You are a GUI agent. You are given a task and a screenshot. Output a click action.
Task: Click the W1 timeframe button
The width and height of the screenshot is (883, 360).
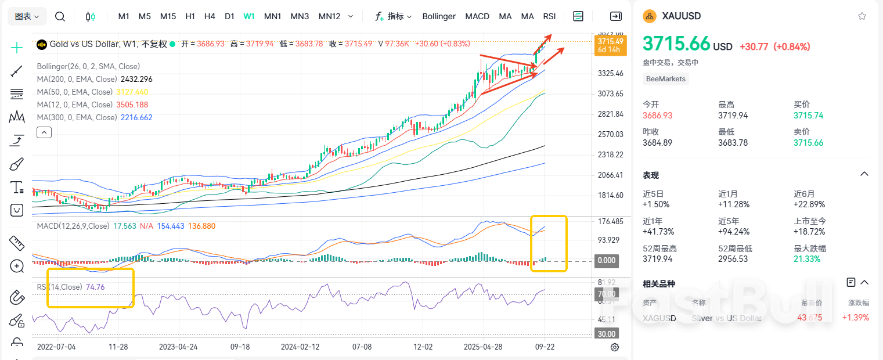249,16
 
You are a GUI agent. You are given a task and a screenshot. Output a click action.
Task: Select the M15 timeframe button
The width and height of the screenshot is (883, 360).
168,16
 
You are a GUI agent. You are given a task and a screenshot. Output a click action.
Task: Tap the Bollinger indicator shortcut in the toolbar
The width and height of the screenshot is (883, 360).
439,16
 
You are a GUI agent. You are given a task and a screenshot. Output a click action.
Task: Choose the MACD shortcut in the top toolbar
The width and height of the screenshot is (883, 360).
477,16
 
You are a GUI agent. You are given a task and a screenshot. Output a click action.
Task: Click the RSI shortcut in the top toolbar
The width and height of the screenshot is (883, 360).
549,16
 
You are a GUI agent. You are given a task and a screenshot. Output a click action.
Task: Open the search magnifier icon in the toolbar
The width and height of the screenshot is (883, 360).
60,16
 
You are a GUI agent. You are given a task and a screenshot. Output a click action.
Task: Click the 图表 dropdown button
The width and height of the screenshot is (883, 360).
27,16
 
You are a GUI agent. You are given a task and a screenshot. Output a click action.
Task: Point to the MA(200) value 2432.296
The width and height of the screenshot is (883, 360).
136,79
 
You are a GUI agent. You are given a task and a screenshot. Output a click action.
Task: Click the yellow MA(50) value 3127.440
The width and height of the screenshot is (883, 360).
132,92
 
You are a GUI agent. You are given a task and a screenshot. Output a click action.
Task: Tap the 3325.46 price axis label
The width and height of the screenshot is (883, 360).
610,73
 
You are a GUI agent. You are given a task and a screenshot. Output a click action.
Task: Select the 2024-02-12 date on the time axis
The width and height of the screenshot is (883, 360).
300,347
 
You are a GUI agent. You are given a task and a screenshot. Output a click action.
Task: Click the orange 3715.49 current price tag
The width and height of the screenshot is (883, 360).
610,42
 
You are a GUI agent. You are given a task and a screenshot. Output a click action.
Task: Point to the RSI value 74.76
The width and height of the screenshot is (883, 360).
95,287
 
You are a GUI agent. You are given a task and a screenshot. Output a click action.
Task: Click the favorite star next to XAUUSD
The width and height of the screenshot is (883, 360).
862,16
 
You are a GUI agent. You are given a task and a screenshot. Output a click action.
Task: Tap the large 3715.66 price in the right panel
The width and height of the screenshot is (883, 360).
677,44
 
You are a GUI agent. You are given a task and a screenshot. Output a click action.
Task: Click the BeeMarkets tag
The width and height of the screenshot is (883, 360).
665,79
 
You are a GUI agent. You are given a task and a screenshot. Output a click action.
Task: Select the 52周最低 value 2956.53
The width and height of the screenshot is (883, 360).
735,259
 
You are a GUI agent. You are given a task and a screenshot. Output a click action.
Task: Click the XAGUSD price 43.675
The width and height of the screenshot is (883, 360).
810,318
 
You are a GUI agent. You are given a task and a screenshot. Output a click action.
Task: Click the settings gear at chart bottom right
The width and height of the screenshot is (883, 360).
615,347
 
